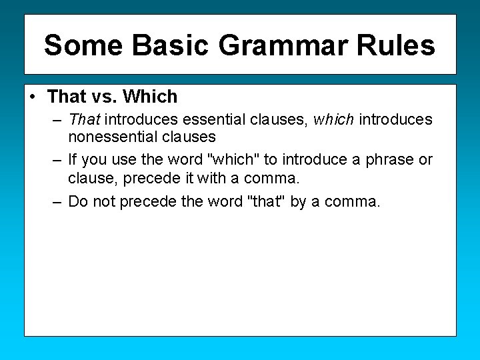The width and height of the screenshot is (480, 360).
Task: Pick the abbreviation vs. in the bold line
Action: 103,97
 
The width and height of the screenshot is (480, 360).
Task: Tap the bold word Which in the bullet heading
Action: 150,97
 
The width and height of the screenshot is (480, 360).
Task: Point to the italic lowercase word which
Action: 333,120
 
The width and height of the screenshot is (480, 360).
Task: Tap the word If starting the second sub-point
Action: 73,160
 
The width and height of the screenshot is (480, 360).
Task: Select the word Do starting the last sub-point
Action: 78,201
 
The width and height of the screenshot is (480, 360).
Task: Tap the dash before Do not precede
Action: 57,201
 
